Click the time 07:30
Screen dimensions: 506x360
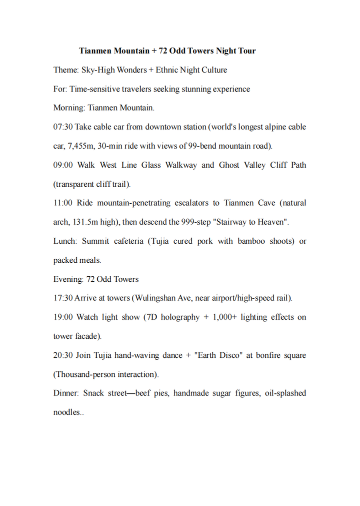62,127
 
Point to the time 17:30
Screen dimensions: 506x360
62,298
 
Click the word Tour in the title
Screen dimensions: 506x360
247,51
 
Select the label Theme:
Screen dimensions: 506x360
65,70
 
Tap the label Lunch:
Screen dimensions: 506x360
65,241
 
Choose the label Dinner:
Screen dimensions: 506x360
66,393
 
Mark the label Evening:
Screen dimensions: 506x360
68,279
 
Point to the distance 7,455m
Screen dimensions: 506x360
82,146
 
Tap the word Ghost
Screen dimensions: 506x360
229,165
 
